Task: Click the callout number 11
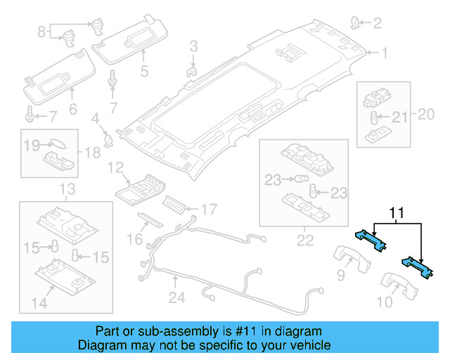[x=397, y=212]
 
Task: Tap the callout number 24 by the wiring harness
[x=176, y=297]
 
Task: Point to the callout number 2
[x=377, y=24]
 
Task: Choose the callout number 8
[x=41, y=31]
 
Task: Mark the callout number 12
[x=115, y=167]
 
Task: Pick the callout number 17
[x=209, y=208]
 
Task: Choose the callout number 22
[x=304, y=240]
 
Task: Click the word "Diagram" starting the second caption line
[x=101, y=345]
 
